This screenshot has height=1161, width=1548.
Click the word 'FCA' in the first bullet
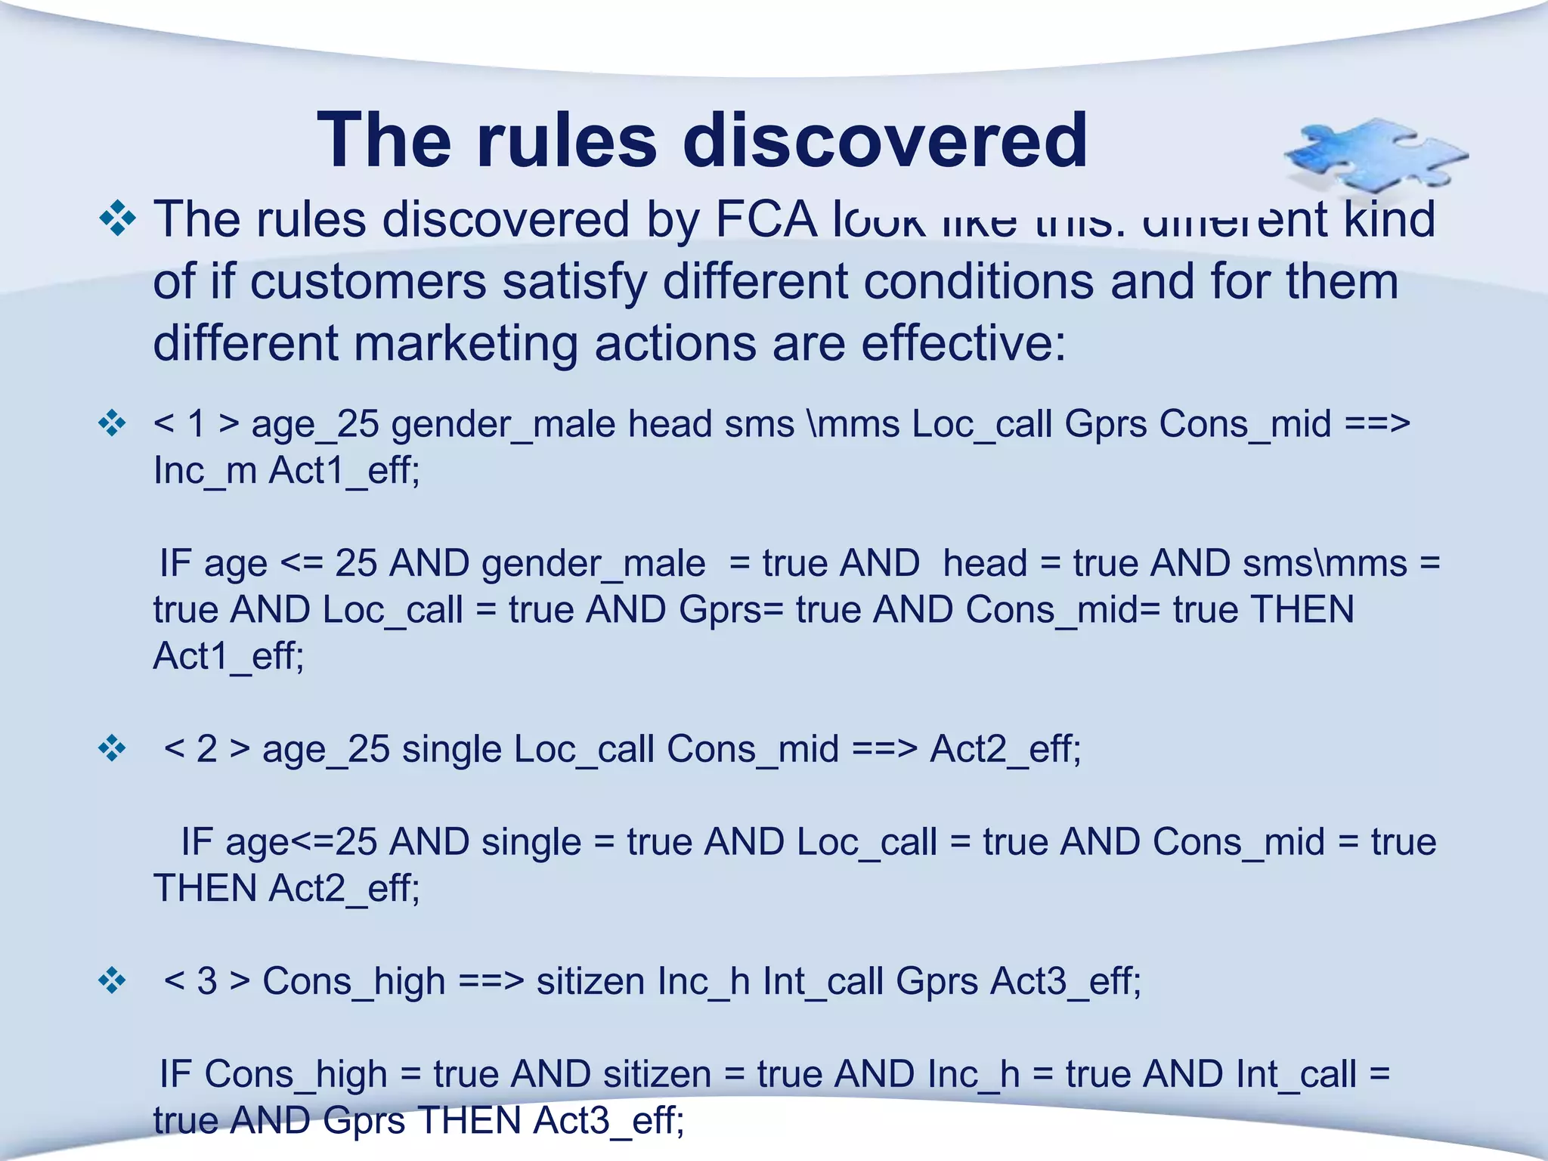pos(766,219)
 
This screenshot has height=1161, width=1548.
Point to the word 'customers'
pos(367,281)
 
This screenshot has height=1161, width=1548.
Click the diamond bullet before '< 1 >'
pos(112,423)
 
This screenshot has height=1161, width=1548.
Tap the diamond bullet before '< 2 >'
pos(112,748)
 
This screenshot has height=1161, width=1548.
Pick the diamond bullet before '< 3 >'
pos(112,980)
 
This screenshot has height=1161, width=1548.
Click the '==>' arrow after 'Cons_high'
pos(491,981)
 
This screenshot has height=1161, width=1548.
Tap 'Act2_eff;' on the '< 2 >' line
pos(1005,749)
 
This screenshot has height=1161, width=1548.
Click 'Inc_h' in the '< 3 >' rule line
pos(704,981)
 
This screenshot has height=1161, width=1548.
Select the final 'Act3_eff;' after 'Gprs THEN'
pos(608,1120)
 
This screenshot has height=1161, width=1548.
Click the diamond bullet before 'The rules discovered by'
pos(117,219)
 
